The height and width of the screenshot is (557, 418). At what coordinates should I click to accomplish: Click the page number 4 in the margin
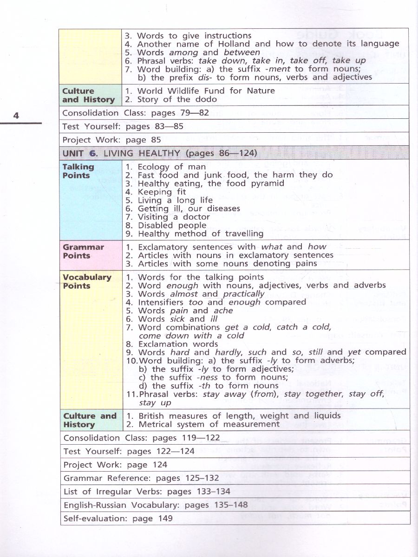16,116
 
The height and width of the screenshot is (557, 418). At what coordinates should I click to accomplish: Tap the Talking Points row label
78,171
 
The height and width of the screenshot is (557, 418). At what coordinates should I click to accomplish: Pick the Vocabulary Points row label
87,281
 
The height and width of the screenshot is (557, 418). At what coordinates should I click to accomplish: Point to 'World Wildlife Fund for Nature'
206,91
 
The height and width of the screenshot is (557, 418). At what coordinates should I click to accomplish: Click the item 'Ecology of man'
171,167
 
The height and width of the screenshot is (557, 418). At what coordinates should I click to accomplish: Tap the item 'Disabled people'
172,225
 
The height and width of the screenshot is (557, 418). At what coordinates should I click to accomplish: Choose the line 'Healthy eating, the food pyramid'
211,183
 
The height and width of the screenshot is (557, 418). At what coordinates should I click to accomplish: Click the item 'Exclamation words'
178,344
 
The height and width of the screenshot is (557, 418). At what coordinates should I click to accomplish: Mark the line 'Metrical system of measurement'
209,424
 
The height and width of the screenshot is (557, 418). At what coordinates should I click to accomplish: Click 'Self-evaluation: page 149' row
118,518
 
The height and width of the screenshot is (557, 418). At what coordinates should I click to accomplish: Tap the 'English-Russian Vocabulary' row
156,505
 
